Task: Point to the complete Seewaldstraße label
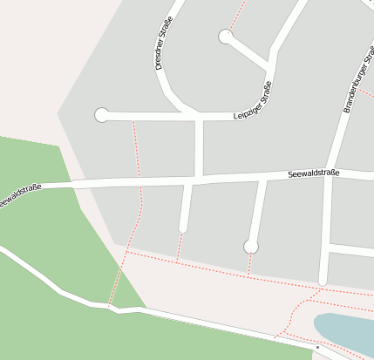click(313, 174)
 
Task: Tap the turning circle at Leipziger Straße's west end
click(102, 115)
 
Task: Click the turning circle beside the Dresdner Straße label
click(225, 37)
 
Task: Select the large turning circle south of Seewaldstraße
click(251, 247)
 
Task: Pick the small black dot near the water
click(317, 348)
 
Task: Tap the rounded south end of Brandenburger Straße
click(323, 281)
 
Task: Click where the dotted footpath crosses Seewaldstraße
click(139, 182)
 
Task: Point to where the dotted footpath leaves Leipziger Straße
click(133, 116)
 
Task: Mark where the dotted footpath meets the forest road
click(110, 306)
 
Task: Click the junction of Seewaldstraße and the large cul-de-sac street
click(263, 178)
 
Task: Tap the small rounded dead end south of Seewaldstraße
click(183, 228)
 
